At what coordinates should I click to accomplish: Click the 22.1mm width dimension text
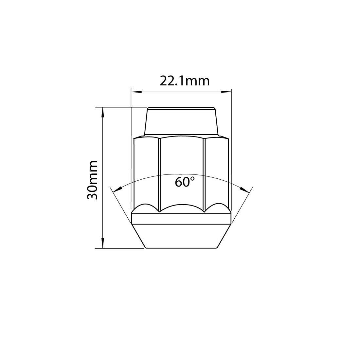pos(184,81)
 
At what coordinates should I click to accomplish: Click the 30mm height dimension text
pos(93,180)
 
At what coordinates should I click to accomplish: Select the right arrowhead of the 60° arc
pos(244,189)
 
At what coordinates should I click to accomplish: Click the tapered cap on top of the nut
pos(181,121)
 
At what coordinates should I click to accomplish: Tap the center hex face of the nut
pos(182,157)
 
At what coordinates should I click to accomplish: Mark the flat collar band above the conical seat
pos(181,218)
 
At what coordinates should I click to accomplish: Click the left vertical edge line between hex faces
pos(159,173)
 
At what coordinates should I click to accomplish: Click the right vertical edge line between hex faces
pos(204,173)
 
